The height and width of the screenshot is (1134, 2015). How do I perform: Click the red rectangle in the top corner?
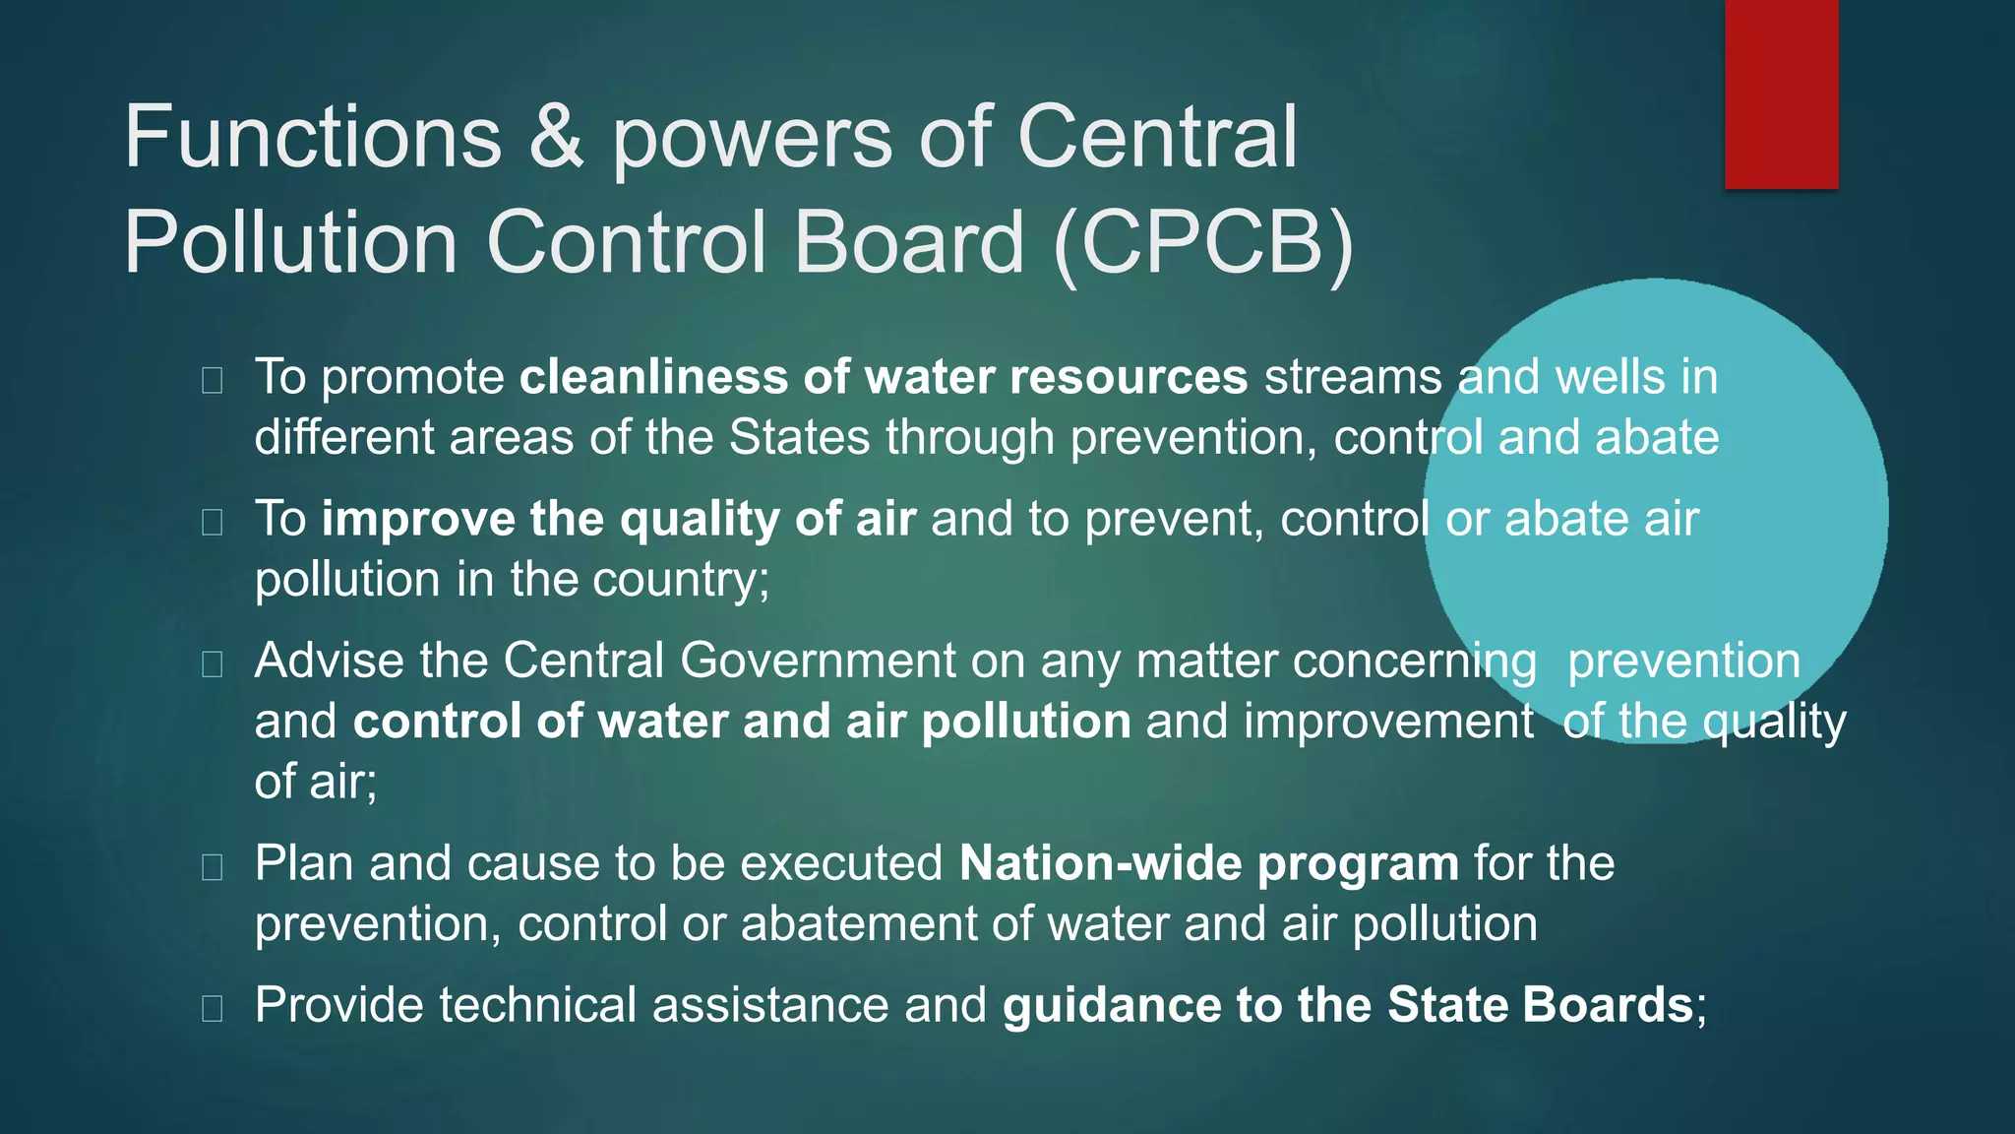click(1781, 94)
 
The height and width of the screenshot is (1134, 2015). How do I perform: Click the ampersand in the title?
click(556, 138)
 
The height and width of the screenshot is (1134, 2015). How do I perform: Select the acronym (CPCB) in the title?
click(1202, 243)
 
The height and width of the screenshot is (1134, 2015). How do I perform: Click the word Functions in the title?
click(312, 138)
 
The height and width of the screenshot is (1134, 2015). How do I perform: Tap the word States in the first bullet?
click(799, 438)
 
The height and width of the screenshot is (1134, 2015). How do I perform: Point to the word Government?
click(818, 661)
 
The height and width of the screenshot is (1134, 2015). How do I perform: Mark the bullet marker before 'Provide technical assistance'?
click(212, 1008)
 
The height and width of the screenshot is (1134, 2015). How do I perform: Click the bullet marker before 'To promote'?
click(212, 380)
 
